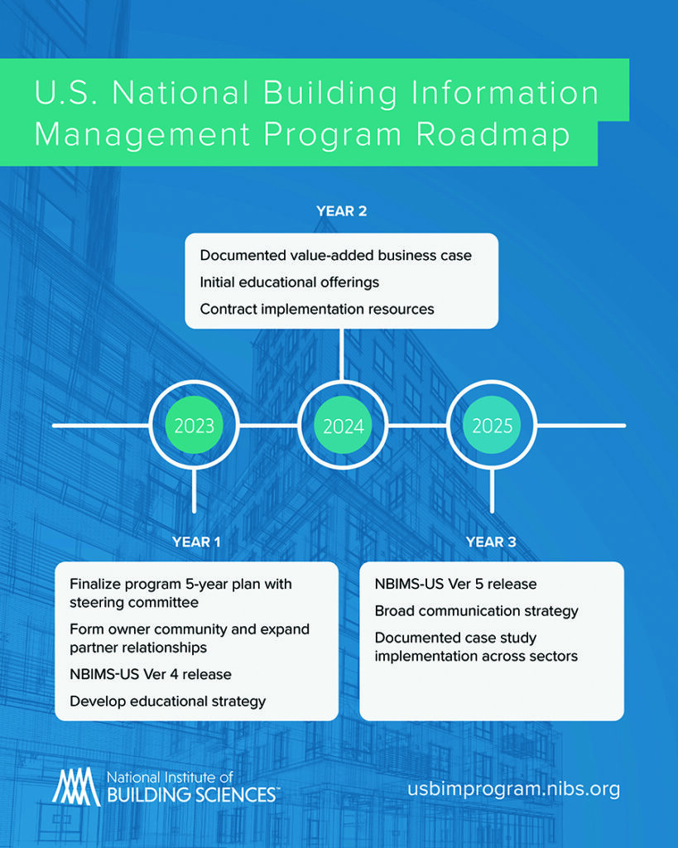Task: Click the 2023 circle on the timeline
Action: point(194,426)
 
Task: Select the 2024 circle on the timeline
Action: point(343,426)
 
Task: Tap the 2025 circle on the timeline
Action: point(492,426)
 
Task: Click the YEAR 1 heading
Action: point(196,542)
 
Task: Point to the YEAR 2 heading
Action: point(342,211)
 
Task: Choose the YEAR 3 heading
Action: point(491,542)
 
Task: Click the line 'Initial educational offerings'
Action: point(289,282)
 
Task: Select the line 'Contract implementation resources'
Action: point(317,310)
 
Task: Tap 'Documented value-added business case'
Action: point(336,255)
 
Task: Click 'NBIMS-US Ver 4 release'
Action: point(151,674)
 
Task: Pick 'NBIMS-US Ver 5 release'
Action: point(456,584)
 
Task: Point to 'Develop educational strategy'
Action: point(167,701)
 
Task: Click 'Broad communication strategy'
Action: point(476,611)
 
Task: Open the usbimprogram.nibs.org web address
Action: point(513,789)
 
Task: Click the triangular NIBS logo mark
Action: point(76,787)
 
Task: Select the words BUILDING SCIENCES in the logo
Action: point(193,795)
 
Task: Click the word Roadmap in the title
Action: point(493,134)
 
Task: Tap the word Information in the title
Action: point(505,93)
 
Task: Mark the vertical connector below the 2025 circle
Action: point(492,491)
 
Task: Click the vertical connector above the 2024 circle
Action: point(342,354)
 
